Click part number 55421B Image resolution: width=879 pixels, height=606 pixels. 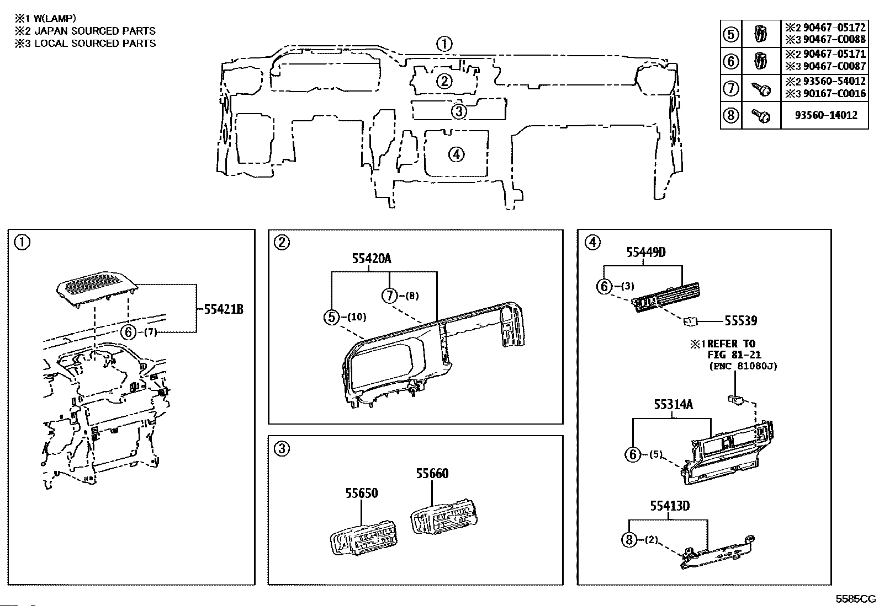[223, 309]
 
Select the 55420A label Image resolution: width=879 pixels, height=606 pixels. [371, 258]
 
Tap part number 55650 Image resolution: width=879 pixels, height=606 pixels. [362, 493]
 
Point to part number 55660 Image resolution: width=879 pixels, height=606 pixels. [432, 474]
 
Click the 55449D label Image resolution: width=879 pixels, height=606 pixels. [646, 252]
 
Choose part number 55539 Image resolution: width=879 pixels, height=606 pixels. [740, 320]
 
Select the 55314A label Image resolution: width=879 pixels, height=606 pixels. [674, 404]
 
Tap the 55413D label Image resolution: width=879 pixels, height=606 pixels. [670, 506]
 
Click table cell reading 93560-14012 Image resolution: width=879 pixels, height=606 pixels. [826, 115]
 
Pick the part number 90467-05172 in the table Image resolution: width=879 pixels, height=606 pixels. [834, 28]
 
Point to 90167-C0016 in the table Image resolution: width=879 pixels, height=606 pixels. [834, 94]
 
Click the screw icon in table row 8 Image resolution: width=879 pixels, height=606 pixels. [761, 116]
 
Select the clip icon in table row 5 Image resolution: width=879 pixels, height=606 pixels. [760, 34]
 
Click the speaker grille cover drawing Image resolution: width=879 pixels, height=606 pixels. [97, 288]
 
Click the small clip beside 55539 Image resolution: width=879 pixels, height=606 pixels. [690, 321]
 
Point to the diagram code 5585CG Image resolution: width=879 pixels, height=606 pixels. [855, 599]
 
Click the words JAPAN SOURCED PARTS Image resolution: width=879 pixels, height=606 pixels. [95, 30]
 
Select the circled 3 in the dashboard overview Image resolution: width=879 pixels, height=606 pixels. [459, 112]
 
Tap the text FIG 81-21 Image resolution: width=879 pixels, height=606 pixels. [734, 355]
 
